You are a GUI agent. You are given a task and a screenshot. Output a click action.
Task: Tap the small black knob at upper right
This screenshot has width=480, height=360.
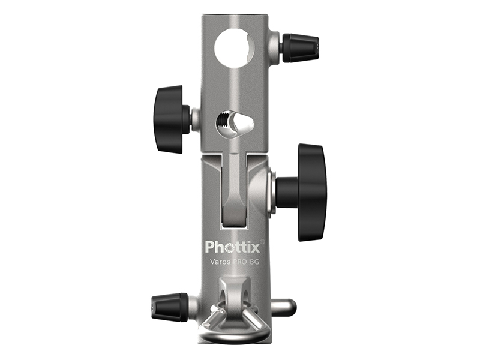(x=301, y=48)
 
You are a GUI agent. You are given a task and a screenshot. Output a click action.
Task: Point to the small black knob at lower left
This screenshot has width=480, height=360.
(x=169, y=307)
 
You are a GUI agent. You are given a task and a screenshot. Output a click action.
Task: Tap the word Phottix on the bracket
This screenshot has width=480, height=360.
(x=232, y=246)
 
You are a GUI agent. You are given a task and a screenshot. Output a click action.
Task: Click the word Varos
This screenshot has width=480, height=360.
(x=219, y=262)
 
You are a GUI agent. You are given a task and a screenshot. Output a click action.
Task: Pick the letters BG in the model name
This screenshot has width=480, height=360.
(x=254, y=262)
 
